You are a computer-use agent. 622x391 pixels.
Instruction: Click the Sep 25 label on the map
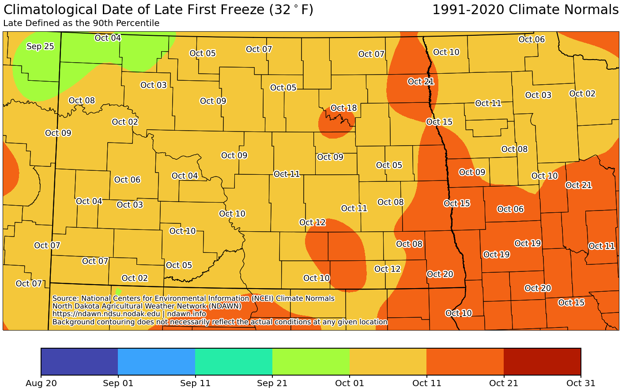pos(40,46)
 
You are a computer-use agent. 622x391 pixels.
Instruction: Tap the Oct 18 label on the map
pos(343,108)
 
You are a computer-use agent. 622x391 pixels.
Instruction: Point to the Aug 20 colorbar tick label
pos(41,383)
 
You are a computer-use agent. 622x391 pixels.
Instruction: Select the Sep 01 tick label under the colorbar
pos(118,383)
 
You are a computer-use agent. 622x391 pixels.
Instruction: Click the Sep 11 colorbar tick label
pos(195,383)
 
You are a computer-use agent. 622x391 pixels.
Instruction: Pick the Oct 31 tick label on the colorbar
pos(581,383)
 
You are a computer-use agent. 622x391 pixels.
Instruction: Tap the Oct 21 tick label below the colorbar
pos(504,383)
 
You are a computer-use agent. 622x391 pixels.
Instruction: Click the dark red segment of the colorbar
pos(542,361)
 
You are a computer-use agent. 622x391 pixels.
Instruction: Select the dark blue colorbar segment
pos(79,361)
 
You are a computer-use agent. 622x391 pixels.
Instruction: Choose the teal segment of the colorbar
pos(234,361)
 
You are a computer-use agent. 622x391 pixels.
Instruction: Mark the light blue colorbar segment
pos(156,361)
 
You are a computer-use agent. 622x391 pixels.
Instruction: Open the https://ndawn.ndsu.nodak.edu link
pos(106,314)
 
